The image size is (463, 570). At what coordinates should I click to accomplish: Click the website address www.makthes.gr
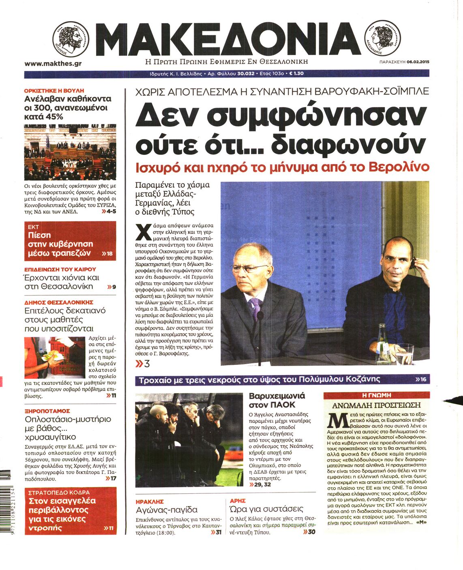pos(53,64)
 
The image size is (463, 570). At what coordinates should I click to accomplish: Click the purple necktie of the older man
pos(255,310)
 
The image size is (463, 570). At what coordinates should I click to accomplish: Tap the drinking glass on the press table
pos(403,356)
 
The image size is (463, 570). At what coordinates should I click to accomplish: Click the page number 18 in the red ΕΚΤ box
pos(109,254)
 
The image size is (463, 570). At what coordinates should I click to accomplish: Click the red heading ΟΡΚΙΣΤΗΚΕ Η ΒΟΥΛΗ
pos(54,91)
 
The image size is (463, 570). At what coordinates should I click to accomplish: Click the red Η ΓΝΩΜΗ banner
pos(376,395)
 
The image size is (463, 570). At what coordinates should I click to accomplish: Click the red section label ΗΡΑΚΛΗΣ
pos(150,501)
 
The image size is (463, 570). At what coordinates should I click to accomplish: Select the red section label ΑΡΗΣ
pos(238,501)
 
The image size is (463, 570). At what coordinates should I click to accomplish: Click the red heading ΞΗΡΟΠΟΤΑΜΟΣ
pos(47,411)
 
